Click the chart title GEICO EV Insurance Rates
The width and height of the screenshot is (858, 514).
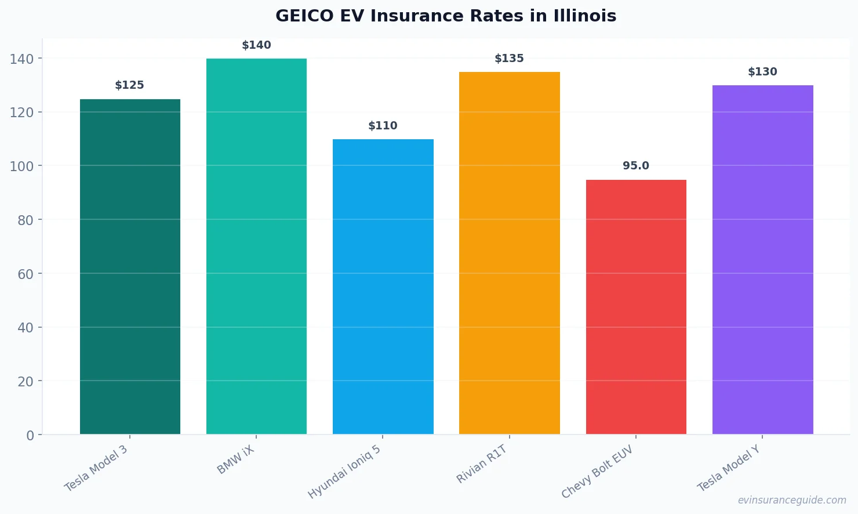445,16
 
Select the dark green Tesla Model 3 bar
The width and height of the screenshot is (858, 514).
130,267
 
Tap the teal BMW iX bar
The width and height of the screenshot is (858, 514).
256,247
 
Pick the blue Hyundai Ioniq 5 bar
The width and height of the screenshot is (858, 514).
383,287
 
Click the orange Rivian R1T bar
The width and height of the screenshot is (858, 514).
509,253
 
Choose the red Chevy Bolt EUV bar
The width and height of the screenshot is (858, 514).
636,307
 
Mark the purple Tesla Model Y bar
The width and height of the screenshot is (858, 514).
762,260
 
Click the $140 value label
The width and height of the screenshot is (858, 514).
256,45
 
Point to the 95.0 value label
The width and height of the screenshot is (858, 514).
636,166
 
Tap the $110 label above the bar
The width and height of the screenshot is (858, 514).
383,126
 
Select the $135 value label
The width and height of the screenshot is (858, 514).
509,59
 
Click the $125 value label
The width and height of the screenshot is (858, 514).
129,85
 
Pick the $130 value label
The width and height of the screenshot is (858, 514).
762,72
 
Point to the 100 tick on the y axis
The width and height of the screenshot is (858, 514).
21,166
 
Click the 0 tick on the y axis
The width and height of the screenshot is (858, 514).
30,436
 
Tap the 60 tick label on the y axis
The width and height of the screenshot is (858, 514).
25,274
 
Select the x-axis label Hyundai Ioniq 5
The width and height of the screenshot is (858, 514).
344,472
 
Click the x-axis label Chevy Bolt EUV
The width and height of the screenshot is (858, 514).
597,472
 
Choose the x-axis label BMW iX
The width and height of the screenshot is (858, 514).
236,460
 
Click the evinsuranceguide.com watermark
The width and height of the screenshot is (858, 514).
791,500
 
